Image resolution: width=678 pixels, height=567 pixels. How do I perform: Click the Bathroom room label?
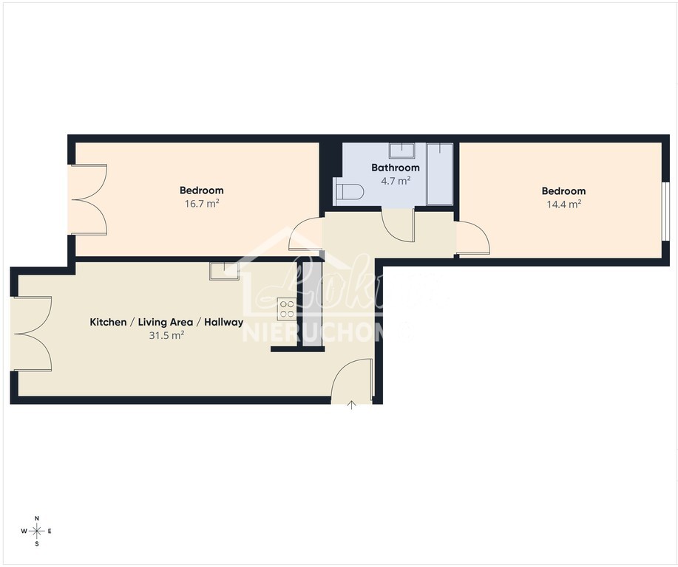click(x=395, y=168)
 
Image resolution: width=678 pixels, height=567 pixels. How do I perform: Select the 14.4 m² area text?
click(x=563, y=204)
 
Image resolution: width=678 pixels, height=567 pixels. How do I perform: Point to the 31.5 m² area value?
click(x=166, y=334)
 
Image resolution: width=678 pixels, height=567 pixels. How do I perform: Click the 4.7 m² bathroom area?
click(x=395, y=180)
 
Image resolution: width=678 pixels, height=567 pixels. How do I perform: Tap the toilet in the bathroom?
click(x=349, y=192)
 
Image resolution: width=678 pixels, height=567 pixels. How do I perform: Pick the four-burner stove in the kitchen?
click(x=286, y=307)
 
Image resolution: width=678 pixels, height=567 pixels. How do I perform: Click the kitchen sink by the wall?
click(x=223, y=271)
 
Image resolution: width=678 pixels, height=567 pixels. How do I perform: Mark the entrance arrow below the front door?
click(x=351, y=404)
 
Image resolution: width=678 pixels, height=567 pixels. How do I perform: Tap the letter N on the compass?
click(x=37, y=518)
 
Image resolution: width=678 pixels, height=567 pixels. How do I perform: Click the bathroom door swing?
click(x=399, y=225)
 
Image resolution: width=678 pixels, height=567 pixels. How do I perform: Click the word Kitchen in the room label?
click(x=108, y=322)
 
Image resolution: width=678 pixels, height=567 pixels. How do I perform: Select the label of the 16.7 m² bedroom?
click(x=201, y=190)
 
